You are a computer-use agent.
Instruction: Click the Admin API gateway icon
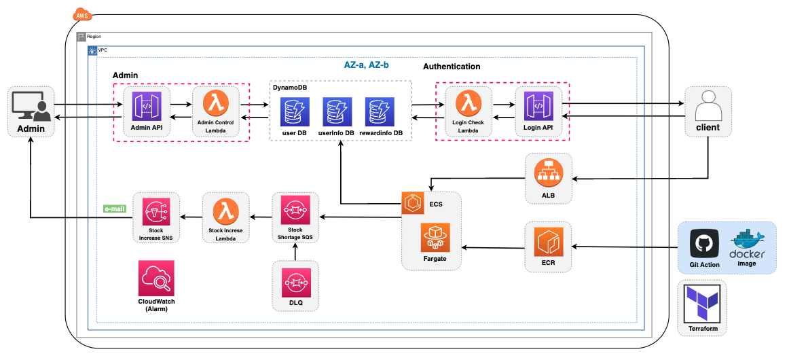click(147, 106)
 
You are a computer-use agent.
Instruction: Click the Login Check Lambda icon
click(467, 103)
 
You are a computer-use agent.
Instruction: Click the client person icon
click(708, 105)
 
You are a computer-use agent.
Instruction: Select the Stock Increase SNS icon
click(156, 212)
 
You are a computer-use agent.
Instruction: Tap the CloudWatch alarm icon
click(156, 278)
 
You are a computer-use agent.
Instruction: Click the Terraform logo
click(702, 303)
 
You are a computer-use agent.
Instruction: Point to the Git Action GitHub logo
click(704, 244)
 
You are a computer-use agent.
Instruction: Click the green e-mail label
click(115, 209)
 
